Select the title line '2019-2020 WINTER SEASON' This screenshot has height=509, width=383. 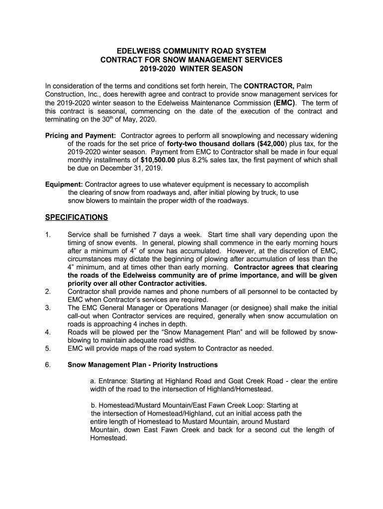coord(191,68)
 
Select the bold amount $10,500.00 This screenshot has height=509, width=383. coord(158,160)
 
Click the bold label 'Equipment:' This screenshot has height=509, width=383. coord(64,184)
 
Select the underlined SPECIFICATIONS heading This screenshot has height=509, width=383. coord(76,217)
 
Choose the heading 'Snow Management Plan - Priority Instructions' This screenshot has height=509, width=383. coord(142,365)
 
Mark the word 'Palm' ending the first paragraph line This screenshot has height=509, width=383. coord(304,86)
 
